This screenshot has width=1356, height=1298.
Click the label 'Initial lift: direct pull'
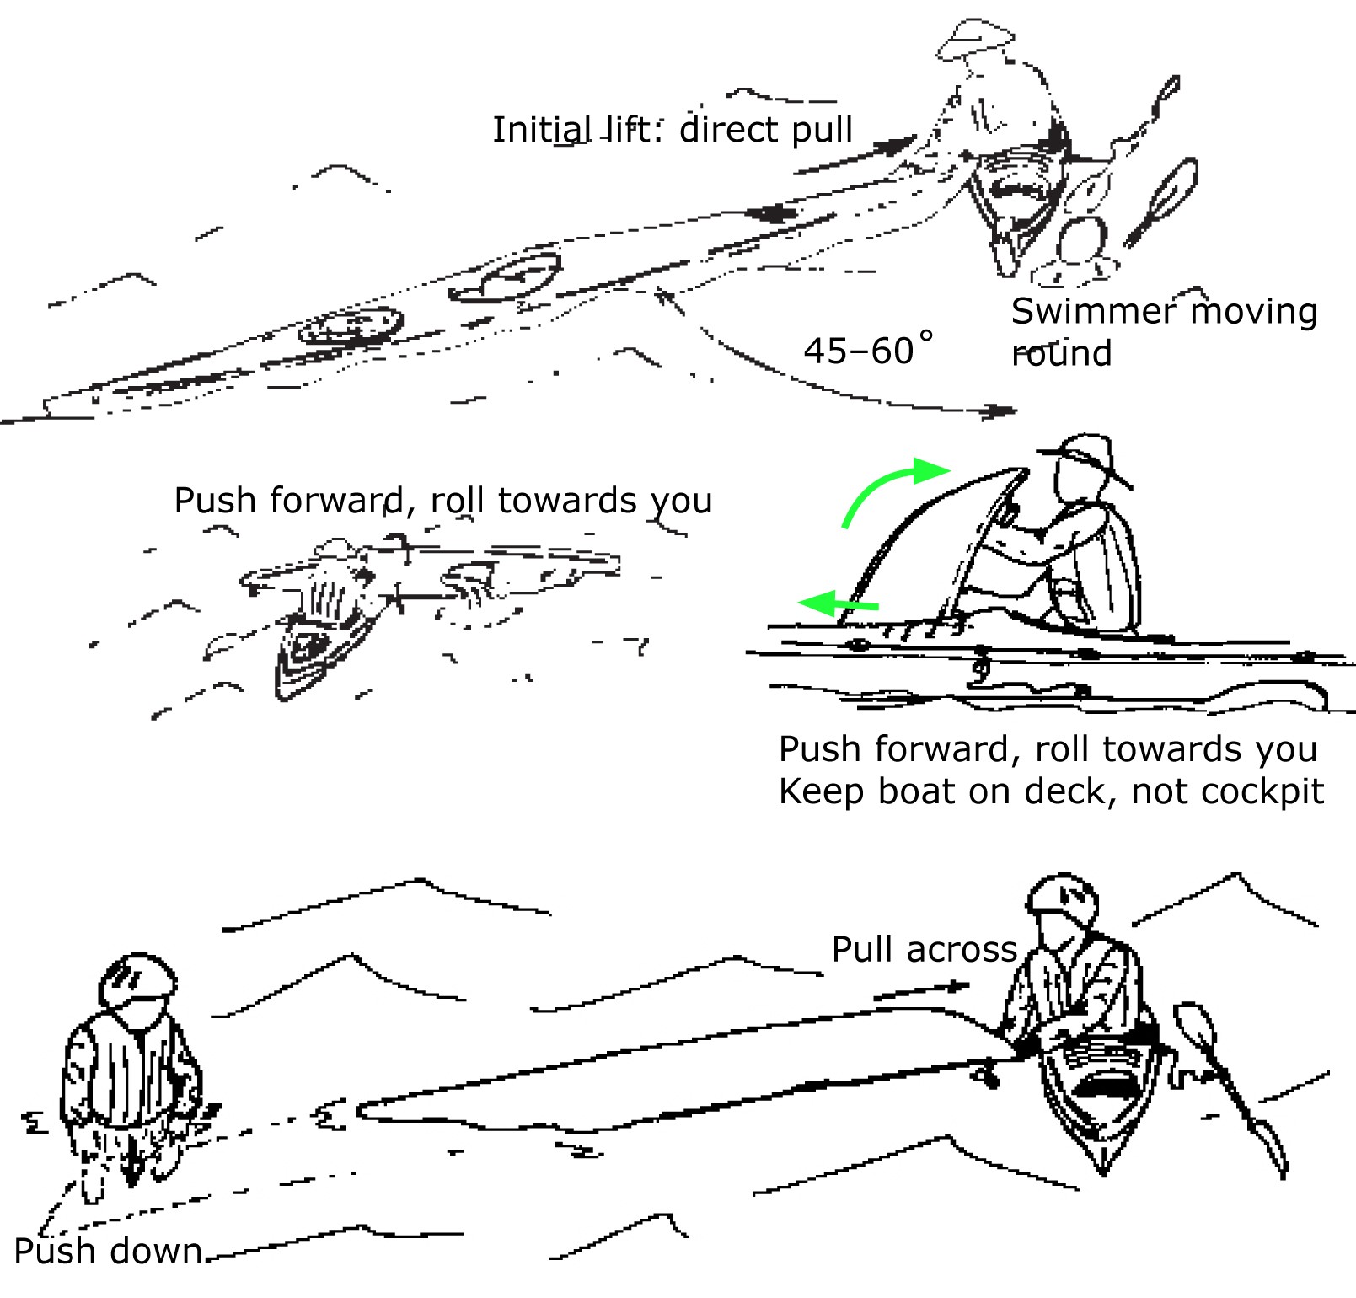pos(673,130)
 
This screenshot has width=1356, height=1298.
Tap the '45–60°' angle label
pos(868,348)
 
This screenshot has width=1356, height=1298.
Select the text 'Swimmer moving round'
pos(1164,331)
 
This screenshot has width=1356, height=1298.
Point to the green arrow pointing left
pos(838,603)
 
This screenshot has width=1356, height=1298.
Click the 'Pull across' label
pos(925,949)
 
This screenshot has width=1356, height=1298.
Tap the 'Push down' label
pos(109,1251)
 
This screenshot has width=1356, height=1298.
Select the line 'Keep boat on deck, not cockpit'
pos(1051,791)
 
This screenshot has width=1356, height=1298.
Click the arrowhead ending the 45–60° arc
pos(1002,410)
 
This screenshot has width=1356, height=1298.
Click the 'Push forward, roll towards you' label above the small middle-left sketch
pos(443,500)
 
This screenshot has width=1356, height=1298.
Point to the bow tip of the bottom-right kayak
pos(1104,1173)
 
